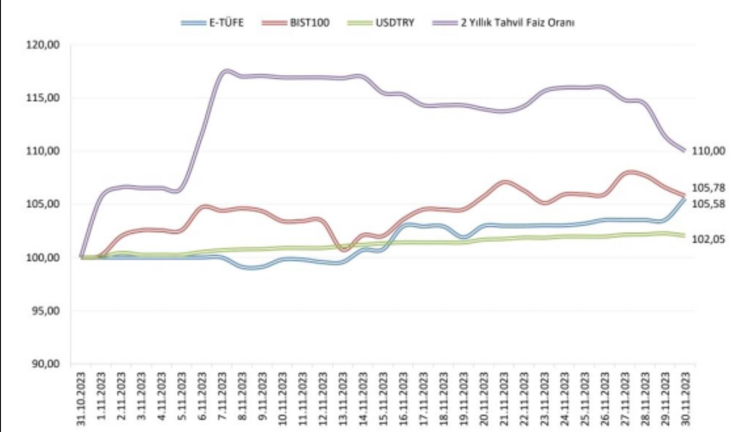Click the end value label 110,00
[708, 151]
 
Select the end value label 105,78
[708, 188]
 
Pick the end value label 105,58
[708, 204]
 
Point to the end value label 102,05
[708, 239]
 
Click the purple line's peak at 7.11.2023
[226, 71]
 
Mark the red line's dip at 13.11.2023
[343, 250]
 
